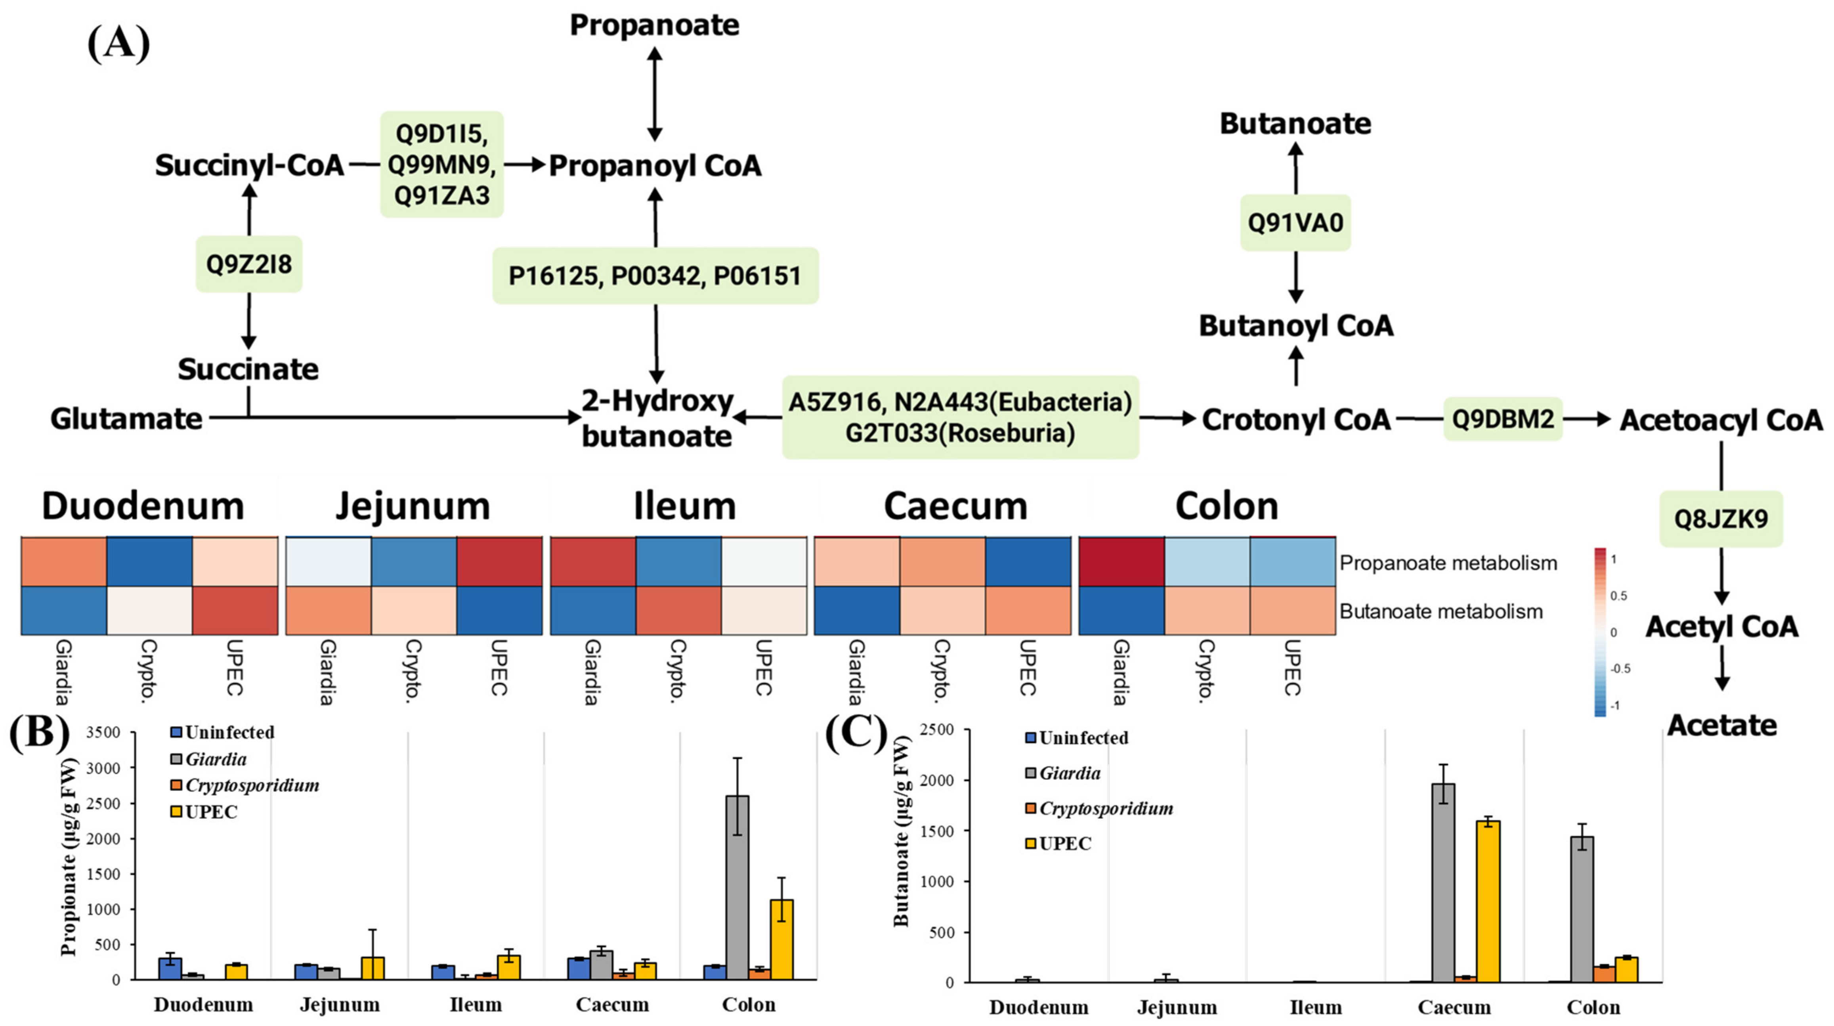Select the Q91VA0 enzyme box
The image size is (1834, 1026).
tap(1295, 223)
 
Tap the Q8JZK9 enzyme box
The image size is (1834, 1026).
tap(1720, 519)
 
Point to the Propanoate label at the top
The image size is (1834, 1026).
tap(654, 25)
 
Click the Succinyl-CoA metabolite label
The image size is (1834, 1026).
tap(249, 165)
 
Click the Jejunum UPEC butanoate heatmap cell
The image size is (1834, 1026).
tap(499, 610)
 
